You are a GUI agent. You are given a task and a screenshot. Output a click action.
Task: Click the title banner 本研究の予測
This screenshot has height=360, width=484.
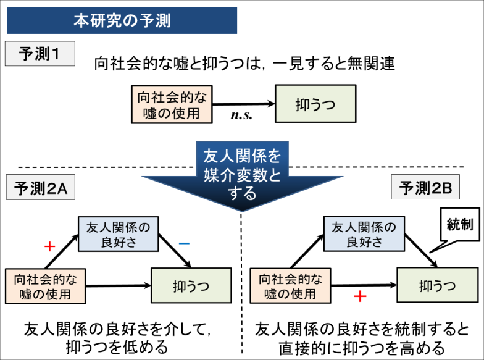coord(122,20)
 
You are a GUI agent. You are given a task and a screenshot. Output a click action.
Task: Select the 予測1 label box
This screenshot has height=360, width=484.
coord(40,54)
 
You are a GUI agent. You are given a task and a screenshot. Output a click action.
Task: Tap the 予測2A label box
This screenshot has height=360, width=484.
coord(40,188)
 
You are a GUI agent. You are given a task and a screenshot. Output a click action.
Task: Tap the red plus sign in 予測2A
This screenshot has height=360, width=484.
coord(50,246)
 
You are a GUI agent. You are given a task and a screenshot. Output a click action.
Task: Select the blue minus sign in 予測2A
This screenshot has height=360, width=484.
coord(183,244)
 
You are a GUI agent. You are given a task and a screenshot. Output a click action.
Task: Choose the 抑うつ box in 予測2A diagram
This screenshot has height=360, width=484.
coord(191,285)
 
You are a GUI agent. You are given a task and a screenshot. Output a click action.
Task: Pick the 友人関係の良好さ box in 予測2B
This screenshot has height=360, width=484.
coord(364,233)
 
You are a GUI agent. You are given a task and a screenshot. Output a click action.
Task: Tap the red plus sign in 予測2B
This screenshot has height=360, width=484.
coord(360,296)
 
